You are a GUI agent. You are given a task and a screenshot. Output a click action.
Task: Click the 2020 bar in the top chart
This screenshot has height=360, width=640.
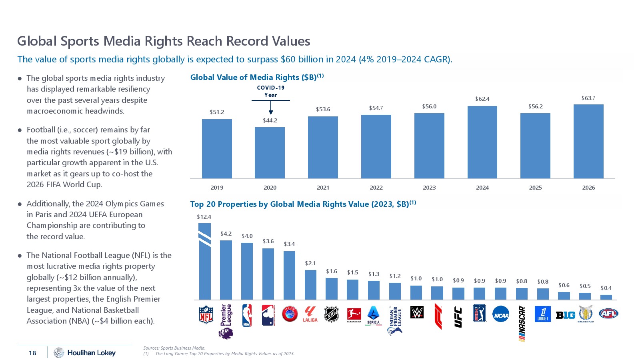270,153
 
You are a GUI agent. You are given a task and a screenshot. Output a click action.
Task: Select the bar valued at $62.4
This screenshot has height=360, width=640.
482,142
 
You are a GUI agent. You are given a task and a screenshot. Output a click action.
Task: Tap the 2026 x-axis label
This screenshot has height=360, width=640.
588,188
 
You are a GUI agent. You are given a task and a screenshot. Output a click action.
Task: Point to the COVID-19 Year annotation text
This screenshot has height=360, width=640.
271,91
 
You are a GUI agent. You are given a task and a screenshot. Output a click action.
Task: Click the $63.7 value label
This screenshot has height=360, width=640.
588,98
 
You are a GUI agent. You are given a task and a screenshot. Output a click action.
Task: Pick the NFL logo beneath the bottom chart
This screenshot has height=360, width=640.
206,314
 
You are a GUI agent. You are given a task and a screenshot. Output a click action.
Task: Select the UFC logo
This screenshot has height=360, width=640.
458,317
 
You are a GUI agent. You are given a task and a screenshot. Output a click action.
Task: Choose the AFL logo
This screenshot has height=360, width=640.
608,314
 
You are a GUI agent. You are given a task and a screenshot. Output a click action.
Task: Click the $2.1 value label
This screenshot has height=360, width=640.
310,263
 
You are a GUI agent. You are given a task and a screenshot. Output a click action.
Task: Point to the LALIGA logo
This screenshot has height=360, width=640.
310,314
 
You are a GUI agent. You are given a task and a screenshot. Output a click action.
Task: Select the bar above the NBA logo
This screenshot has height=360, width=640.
247,271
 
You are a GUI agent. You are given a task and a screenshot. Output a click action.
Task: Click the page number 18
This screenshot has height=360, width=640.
32,353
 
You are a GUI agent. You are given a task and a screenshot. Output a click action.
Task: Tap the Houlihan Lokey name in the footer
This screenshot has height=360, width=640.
91,353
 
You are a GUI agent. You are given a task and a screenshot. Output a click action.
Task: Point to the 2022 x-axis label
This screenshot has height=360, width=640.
376,188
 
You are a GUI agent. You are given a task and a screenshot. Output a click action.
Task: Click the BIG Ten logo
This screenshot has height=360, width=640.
565,315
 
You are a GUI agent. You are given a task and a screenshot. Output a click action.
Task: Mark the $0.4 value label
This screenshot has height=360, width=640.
606,288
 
